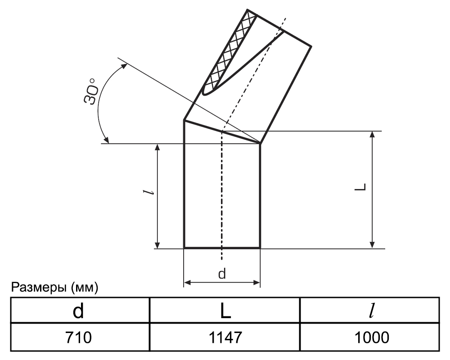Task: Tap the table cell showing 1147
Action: point(225,337)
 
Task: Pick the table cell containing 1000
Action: point(369,337)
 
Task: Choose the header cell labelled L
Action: point(225,310)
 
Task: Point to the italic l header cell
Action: point(369,310)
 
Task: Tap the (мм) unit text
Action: point(85,288)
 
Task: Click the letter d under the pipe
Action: point(222,274)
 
